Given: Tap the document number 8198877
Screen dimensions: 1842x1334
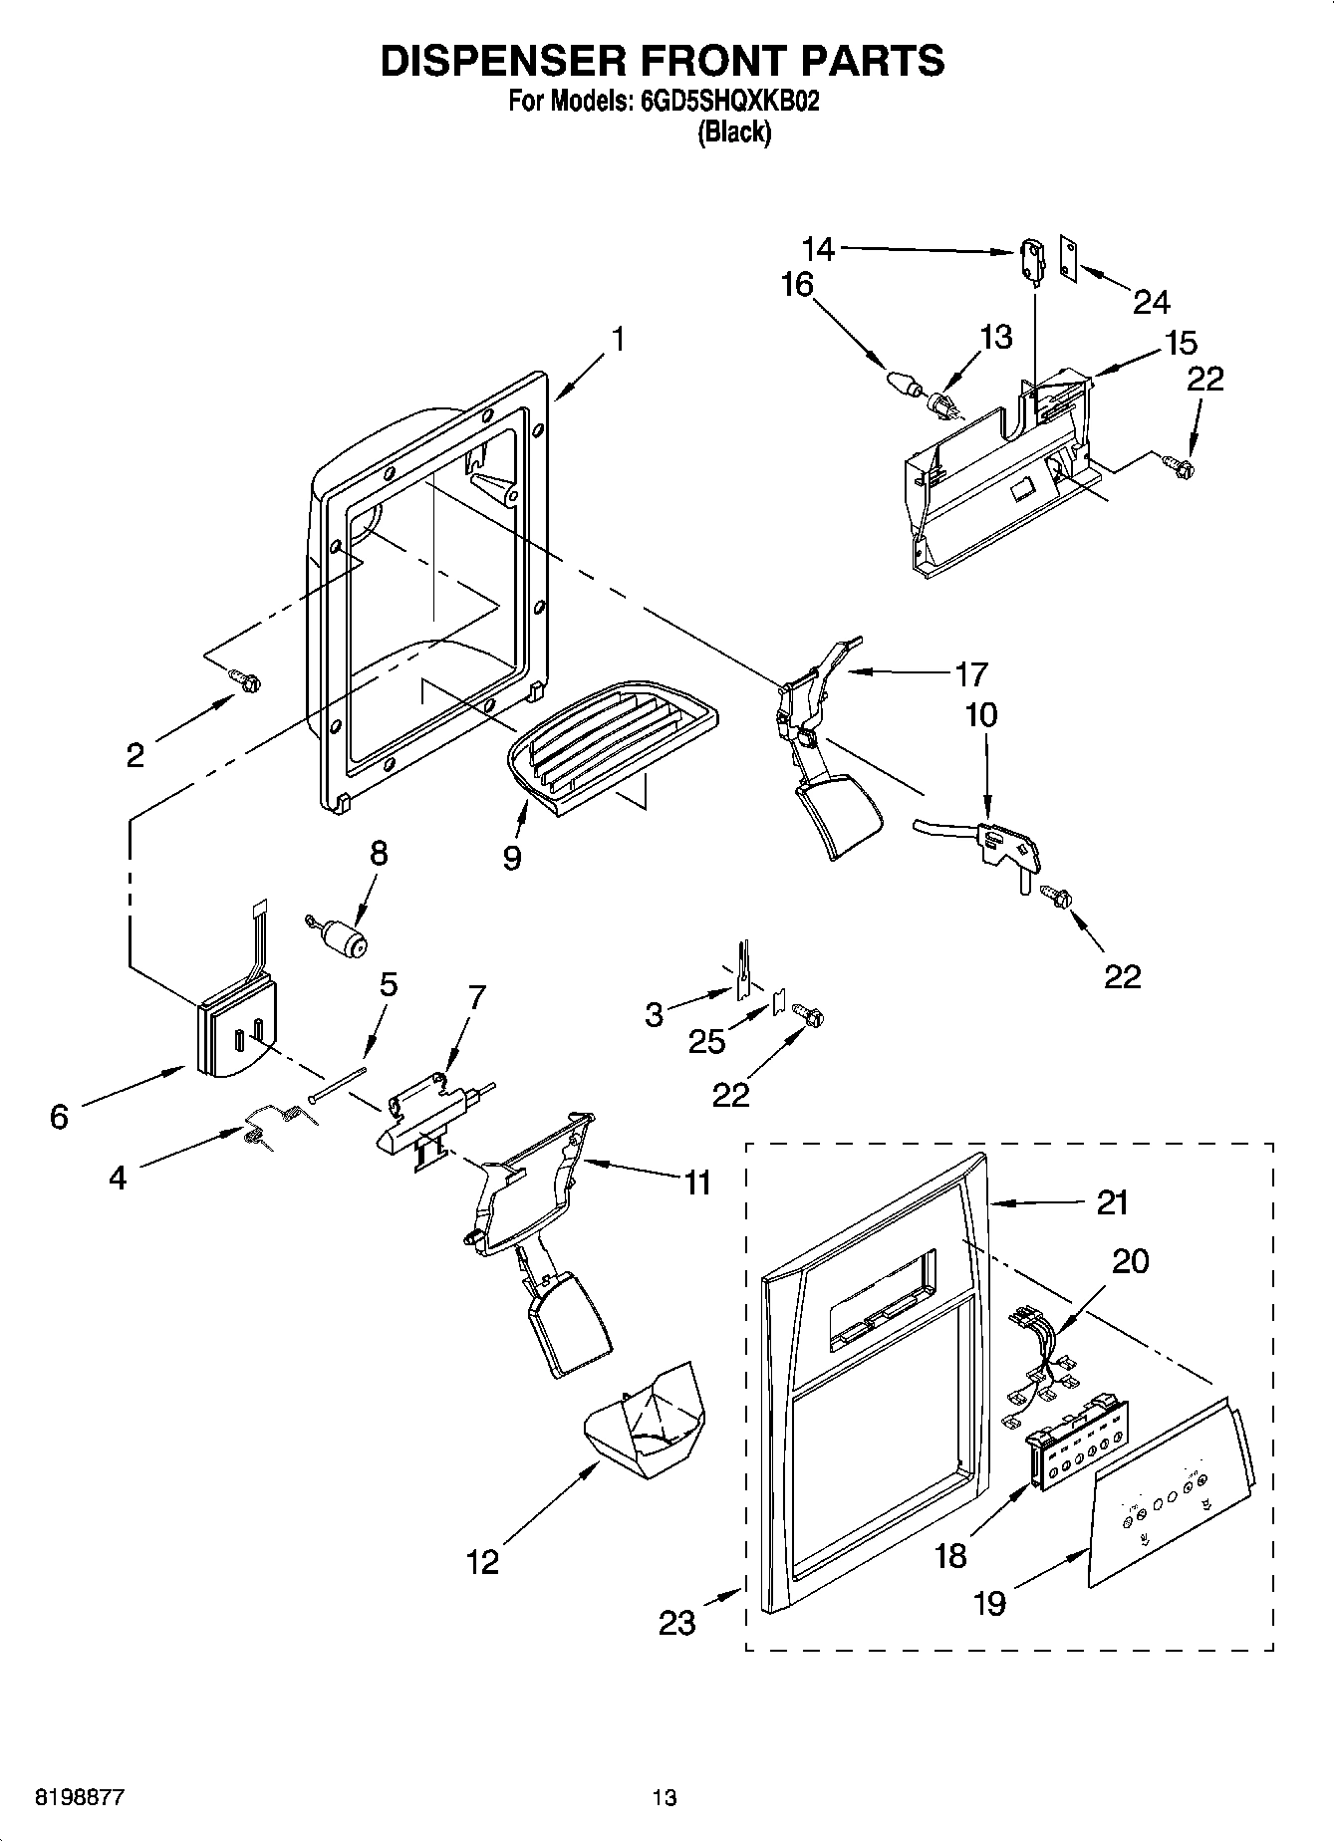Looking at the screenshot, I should click(80, 1798).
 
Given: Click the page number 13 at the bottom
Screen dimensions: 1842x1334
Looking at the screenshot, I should click(665, 1798).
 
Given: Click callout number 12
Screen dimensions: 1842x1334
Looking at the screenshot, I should click(482, 1561).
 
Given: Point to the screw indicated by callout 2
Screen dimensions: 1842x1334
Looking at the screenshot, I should click(245, 680).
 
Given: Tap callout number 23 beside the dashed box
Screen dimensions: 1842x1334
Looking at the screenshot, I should click(677, 1623).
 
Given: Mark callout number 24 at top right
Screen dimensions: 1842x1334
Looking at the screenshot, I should click(1152, 301).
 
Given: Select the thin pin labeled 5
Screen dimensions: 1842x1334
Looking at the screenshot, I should click(338, 1085).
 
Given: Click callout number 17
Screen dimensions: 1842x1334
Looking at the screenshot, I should click(971, 674).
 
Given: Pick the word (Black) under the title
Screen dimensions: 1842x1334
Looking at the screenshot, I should click(734, 132).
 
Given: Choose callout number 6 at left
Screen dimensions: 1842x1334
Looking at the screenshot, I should click(59, 1117).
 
